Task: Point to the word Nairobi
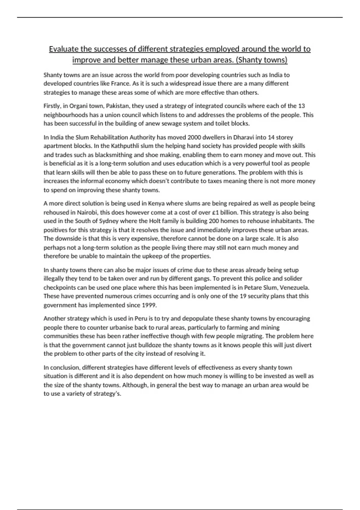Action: [87, 212]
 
